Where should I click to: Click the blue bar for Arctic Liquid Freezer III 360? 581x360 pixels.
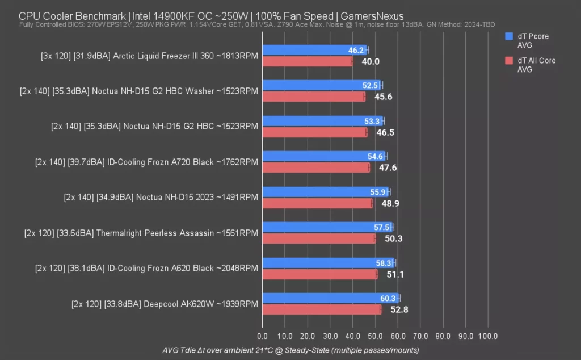coord(306,50)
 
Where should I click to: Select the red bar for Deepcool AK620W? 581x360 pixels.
coord(321,309)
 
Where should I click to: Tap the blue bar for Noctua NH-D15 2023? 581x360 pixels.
coord(318,192)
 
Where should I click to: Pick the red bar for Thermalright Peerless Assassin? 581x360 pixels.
coord(318,238)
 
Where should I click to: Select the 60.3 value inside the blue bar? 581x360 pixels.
coord(388,298)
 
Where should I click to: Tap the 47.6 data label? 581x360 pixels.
coord(389,168)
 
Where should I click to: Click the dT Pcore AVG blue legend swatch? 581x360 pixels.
coord(508,36)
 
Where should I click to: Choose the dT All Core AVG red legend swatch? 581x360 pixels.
coord(508,60)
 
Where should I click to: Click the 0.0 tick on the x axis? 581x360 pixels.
coord(262,336)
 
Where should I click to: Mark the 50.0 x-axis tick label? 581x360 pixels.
coord(375,336)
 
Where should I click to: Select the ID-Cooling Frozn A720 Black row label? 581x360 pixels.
coord(146,162)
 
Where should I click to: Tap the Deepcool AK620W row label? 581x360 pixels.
coord(165,304)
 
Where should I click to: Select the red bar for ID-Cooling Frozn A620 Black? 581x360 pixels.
coord(319,274)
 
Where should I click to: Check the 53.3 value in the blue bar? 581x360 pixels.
coord(372,121)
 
